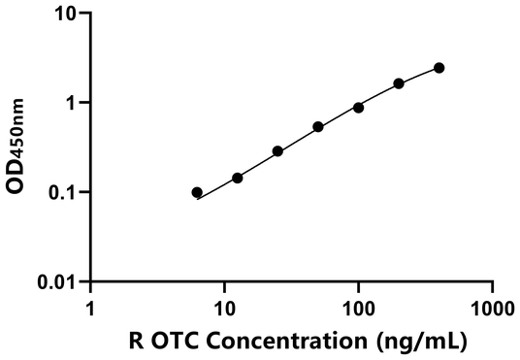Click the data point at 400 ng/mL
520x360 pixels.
[x=439, y=68]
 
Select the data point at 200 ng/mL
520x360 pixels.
[x=399, y=83]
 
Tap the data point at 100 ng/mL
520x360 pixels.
[x=358, y=108]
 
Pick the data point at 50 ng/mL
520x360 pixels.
[x=318, y=127]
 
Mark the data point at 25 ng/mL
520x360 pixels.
[x=277, y=151]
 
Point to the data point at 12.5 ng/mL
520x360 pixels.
[x=237, y=178]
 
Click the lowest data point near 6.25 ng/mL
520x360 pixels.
[x=197, y=192]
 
